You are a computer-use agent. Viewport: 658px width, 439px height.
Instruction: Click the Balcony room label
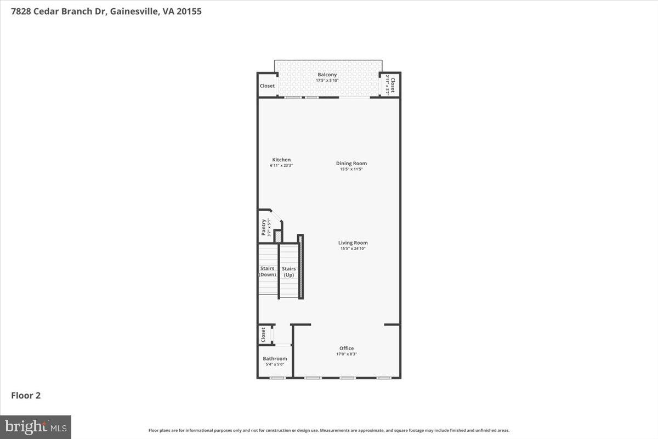pos(327,75)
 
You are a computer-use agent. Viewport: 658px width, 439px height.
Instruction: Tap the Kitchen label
pos(281,160)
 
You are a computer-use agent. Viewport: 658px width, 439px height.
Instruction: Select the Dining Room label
pos(351,163)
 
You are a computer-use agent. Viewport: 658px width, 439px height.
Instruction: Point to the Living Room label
pos(353,243)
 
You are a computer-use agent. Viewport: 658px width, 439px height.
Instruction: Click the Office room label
pos(347,348)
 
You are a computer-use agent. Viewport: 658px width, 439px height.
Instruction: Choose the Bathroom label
pos(275,358)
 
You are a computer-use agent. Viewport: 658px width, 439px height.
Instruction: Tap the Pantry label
pos(264,227)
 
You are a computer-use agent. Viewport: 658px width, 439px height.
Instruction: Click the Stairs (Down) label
pos(268,272)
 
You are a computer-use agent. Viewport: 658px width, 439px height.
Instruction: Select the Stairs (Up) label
pos(289,272)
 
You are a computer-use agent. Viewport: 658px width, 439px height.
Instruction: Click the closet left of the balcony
pos(267,86)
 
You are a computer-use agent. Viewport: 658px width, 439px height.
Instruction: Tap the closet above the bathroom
pos(264,334)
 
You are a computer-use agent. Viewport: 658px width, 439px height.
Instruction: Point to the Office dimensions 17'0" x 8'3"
pos(347,354)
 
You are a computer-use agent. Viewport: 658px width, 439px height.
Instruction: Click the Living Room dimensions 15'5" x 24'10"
pos(353,249)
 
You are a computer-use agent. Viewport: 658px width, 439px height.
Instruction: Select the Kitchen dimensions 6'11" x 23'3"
pos(281,166)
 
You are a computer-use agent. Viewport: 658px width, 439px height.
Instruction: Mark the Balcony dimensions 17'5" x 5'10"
pos(327,81)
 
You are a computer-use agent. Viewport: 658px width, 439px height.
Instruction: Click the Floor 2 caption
pos(26,395)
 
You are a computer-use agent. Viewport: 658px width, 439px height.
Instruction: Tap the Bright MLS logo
pos(36,426)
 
